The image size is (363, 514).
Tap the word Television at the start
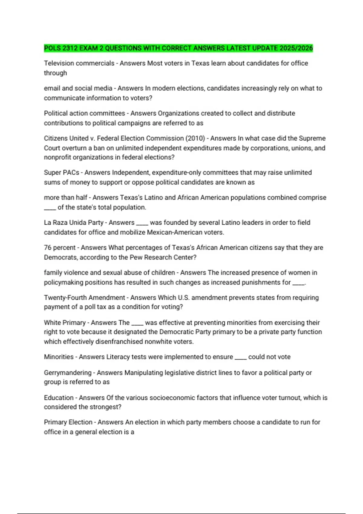(x=59, y=63)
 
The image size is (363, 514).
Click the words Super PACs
(x=61, y=172)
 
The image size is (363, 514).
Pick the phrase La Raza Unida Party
(x=74, y=223)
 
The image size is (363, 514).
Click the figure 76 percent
(x=60, y=248)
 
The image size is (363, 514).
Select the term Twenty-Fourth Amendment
(x=84, y=298)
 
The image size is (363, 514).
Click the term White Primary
(x=65, y=323)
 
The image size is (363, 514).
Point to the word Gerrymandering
(x=67, y=372)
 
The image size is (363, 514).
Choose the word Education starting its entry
(x=59, y=398)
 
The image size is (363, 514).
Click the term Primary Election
(x=68, y=422)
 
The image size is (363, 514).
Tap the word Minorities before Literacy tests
(x=59, y=357)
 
